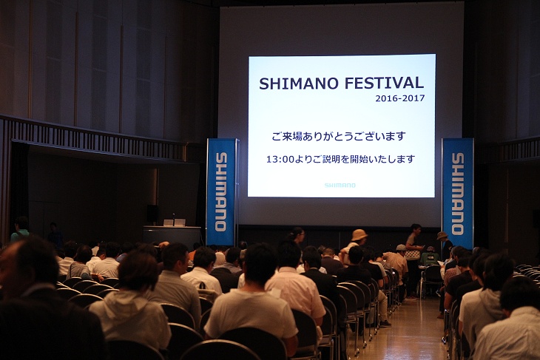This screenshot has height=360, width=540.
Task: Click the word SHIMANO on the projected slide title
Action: [x=294, y=84]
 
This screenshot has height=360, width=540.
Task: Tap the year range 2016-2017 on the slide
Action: [x=400, y=98]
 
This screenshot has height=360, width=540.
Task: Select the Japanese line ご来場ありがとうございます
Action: [x=339, y=136]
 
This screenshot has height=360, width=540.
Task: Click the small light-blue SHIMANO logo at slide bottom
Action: [x=340, y=185]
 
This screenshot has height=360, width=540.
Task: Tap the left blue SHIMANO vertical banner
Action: [x=221, y=191]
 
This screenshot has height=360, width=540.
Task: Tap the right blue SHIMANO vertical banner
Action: [x=457, y=193]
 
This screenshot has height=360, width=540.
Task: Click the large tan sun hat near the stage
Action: [x=359, y=235]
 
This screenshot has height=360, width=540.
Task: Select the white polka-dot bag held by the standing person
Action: [x=412, y=255]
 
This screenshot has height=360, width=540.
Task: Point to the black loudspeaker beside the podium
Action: [x=152, y=213]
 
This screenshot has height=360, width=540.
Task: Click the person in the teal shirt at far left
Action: [x=20, y=230]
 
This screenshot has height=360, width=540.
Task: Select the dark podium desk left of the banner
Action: [x=172, y=237]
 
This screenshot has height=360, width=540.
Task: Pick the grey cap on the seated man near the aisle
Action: [x=401, y=248]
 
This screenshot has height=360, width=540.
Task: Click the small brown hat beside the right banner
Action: [x=442, y=235]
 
